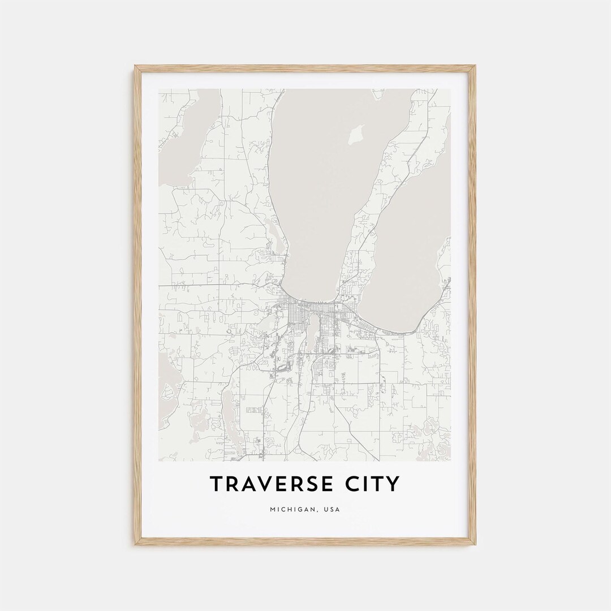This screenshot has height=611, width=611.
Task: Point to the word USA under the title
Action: (332, 510)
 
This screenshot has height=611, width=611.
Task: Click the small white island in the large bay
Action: (356, 135)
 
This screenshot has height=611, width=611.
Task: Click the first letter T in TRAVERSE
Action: (217, 484)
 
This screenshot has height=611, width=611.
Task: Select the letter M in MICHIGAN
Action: (273, 510)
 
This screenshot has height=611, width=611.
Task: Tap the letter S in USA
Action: (332, 510)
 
